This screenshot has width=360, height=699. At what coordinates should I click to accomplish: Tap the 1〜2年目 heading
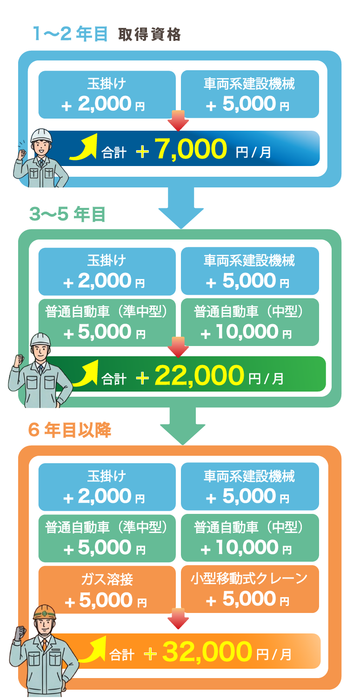click(70, 34)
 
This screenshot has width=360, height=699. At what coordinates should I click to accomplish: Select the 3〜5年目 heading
click(67, 214)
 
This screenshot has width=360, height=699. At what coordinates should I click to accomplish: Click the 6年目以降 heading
click(70, 431)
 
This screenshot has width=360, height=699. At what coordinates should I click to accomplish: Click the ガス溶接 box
click(107, 589)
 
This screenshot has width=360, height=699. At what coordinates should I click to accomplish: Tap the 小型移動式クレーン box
click(250, 589)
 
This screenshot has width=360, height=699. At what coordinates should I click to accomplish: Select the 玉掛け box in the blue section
click(107, 94)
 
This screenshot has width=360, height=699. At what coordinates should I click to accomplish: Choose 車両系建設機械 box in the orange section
click(250, 486)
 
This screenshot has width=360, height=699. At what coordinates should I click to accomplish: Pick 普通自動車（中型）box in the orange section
click(250, 537)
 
